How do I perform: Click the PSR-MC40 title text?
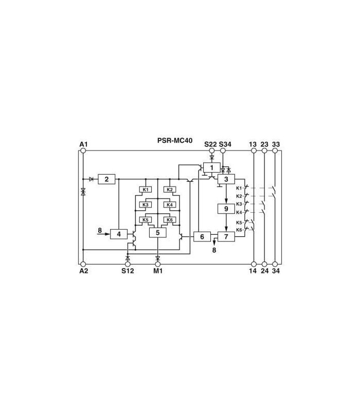175,140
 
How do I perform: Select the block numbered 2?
106,179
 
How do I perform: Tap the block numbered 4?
119,234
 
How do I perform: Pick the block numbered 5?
158,233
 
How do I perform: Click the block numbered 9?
226,209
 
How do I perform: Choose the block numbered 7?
226,237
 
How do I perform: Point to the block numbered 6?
202,237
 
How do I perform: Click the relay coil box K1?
146,190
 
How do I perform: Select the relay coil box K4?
170,204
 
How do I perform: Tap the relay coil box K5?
146,220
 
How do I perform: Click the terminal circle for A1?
83,151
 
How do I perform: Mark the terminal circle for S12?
128,264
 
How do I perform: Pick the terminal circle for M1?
158,264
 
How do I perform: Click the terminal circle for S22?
212,151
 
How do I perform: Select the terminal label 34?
276,271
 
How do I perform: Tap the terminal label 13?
253,144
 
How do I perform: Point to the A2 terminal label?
84,271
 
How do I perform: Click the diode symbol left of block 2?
92,179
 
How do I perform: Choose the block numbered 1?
212,167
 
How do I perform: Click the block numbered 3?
226,179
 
